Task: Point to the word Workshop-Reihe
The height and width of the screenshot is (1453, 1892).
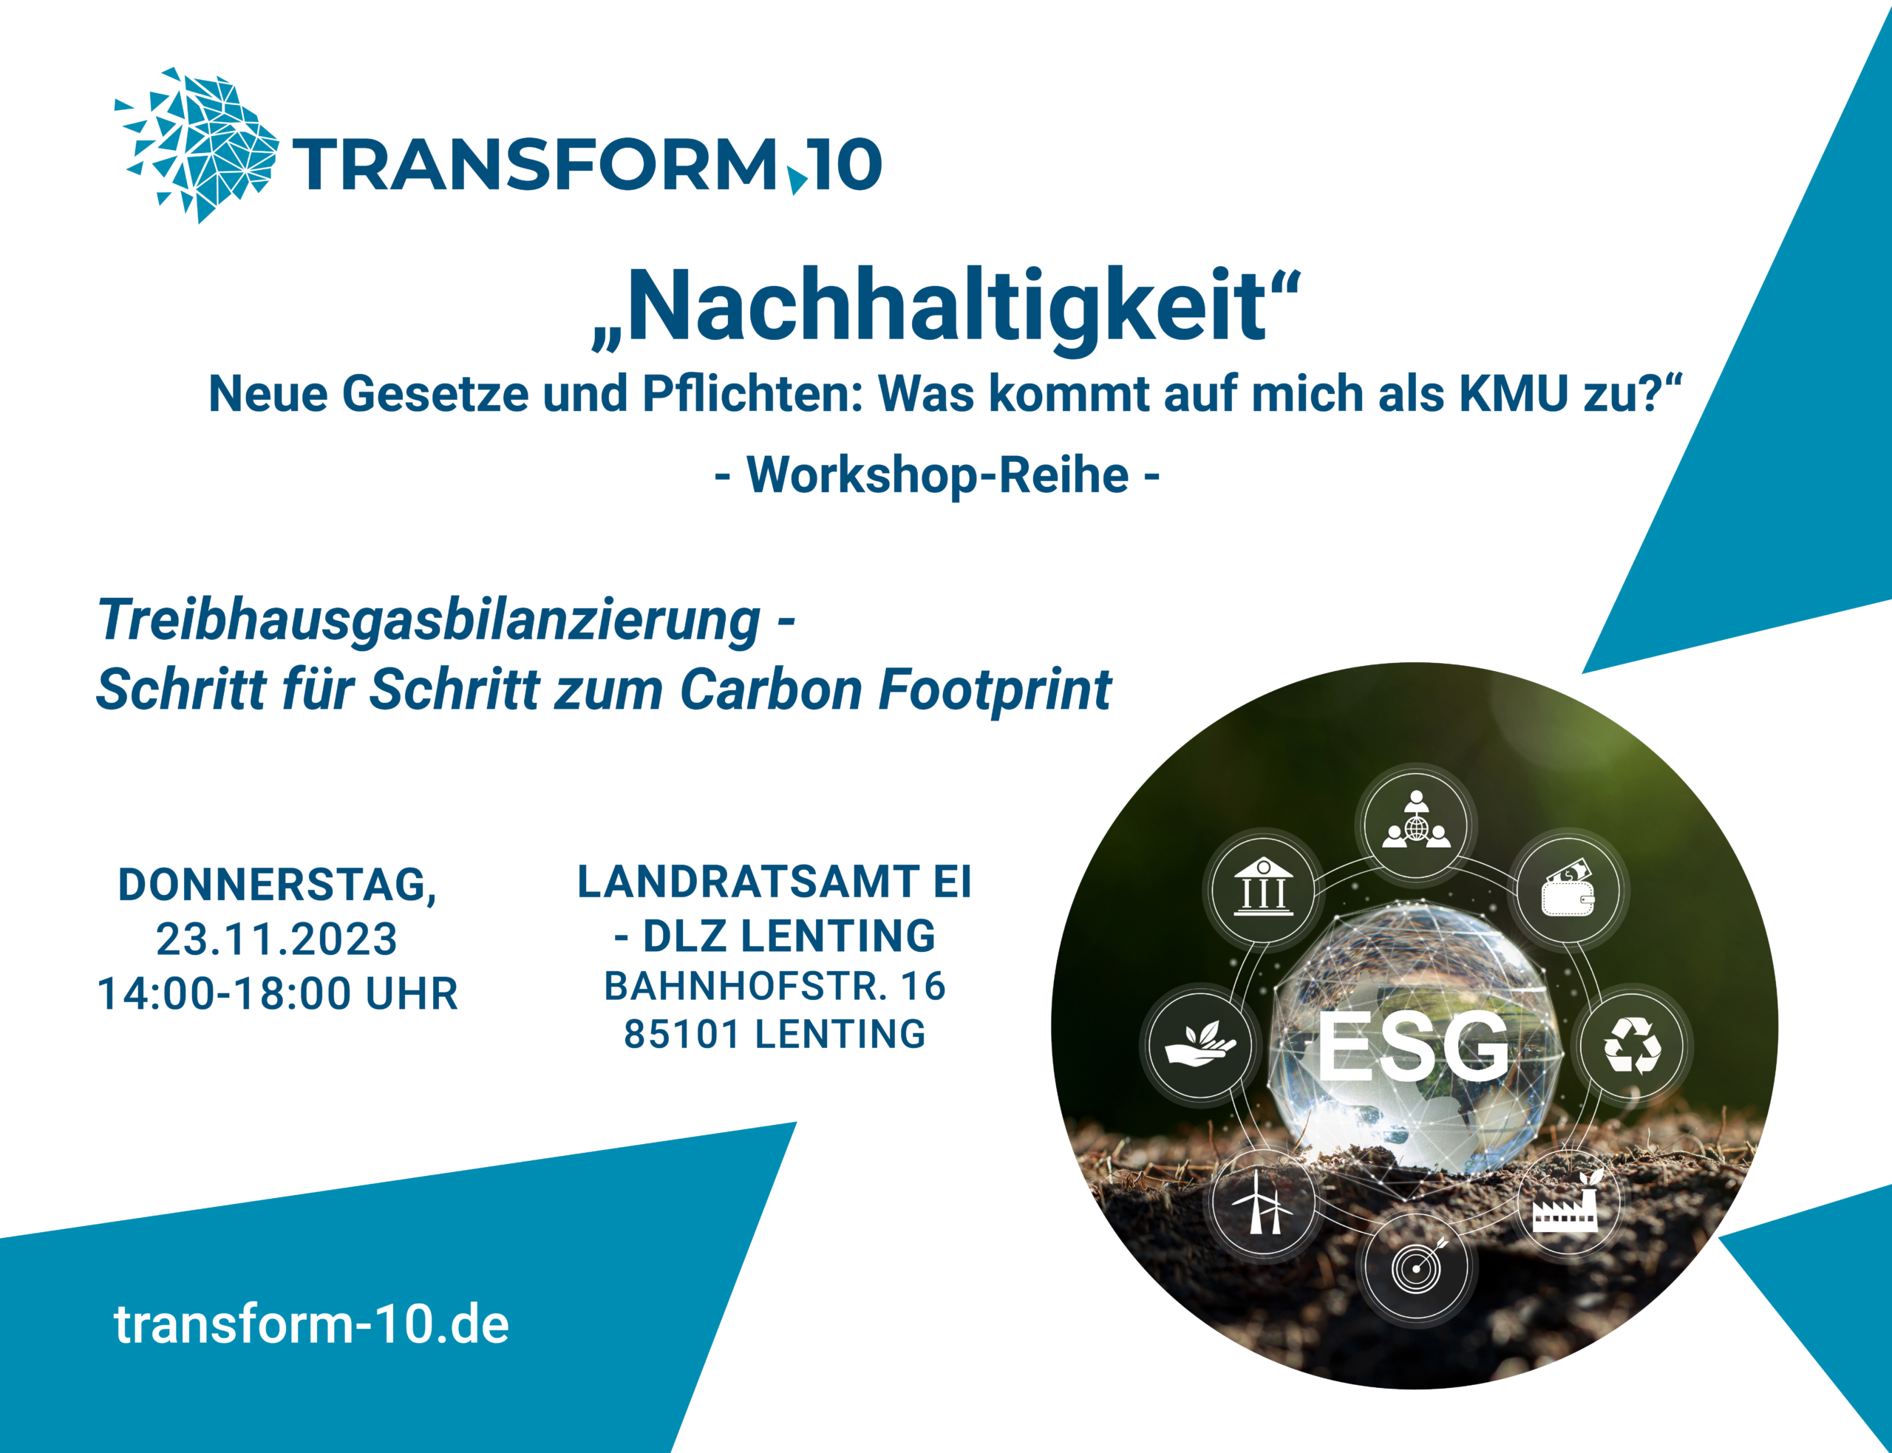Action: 937,474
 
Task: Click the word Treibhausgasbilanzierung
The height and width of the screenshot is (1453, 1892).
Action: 429,621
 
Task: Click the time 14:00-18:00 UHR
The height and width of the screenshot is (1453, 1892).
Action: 278,994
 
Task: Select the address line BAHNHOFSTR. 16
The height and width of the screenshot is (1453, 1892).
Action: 775,986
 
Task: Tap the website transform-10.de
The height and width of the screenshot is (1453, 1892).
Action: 311,1324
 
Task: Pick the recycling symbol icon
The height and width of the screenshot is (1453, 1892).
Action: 1632,1046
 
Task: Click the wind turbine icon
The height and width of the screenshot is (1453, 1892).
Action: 1262,1202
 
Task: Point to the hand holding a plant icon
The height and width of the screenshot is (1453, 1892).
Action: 1200,1044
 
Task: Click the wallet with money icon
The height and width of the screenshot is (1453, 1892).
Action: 1568,888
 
